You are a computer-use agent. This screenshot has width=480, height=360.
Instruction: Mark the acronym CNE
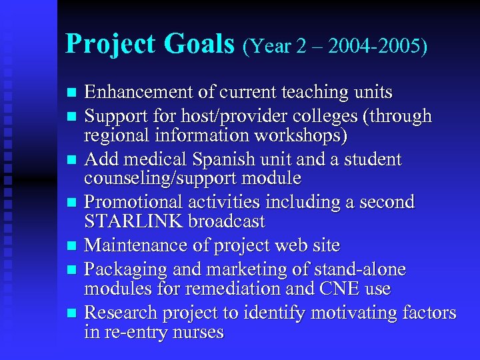(x=341, y=289)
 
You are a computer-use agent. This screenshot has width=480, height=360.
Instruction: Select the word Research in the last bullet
(x=119, y=313)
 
